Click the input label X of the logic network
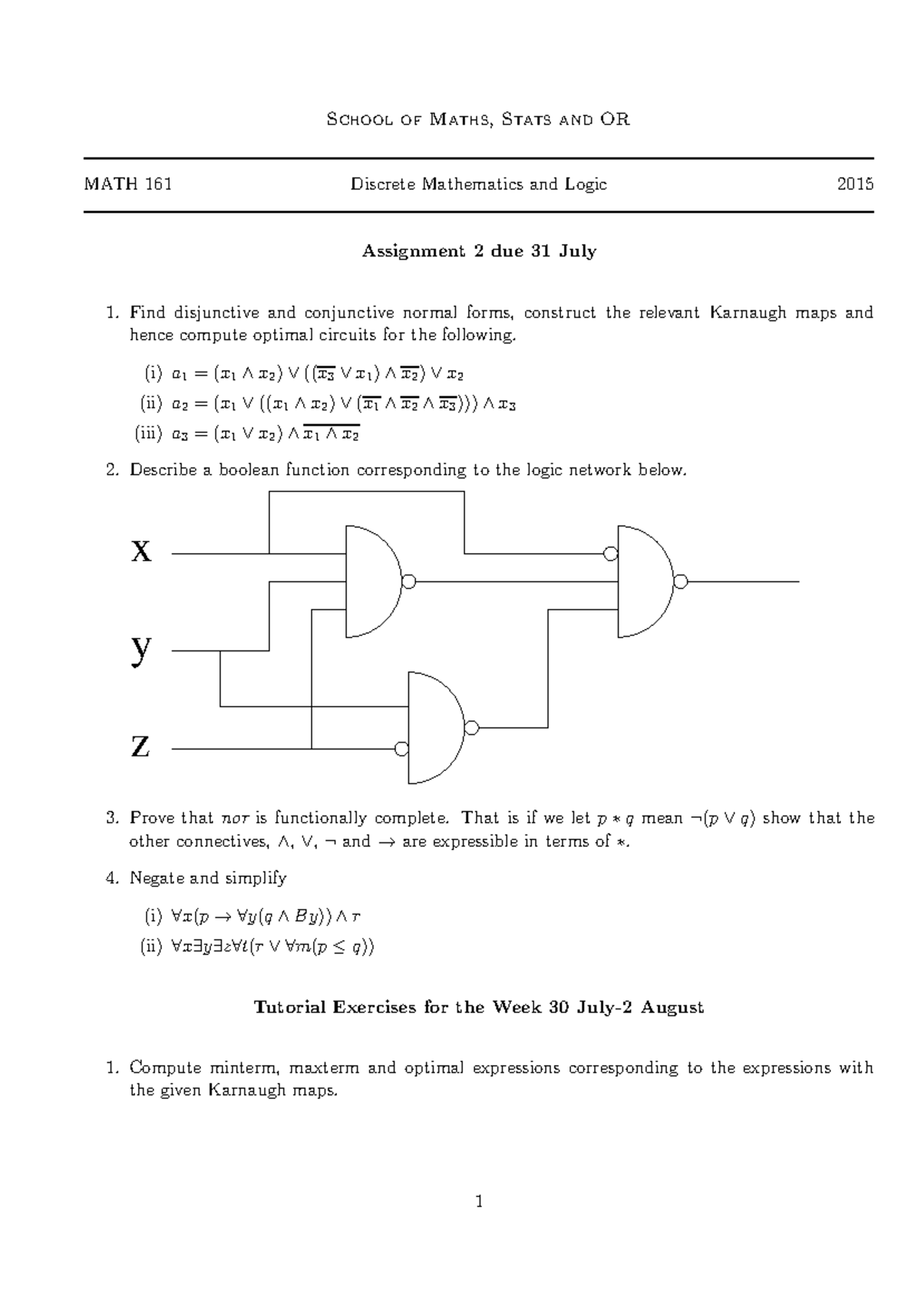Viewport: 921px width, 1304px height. [141, 551]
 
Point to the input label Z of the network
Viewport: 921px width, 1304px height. [140, 746]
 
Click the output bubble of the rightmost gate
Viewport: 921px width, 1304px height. [680, 582]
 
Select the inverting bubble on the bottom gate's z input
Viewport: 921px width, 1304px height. [401, 749]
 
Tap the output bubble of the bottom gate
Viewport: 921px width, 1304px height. [471, 727]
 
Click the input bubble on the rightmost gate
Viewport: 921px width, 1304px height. [610, 554]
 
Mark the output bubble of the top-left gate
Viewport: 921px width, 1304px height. [409, 582]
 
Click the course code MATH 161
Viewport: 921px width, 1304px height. [128, 184]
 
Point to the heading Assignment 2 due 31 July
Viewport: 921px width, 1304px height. [479, 251]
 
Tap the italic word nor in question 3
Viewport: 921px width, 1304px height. [233, 818]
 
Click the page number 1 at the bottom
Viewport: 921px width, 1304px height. [479, 1223]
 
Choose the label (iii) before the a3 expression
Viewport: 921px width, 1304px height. [148, 434]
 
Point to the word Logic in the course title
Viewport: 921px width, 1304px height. [585, 184]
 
